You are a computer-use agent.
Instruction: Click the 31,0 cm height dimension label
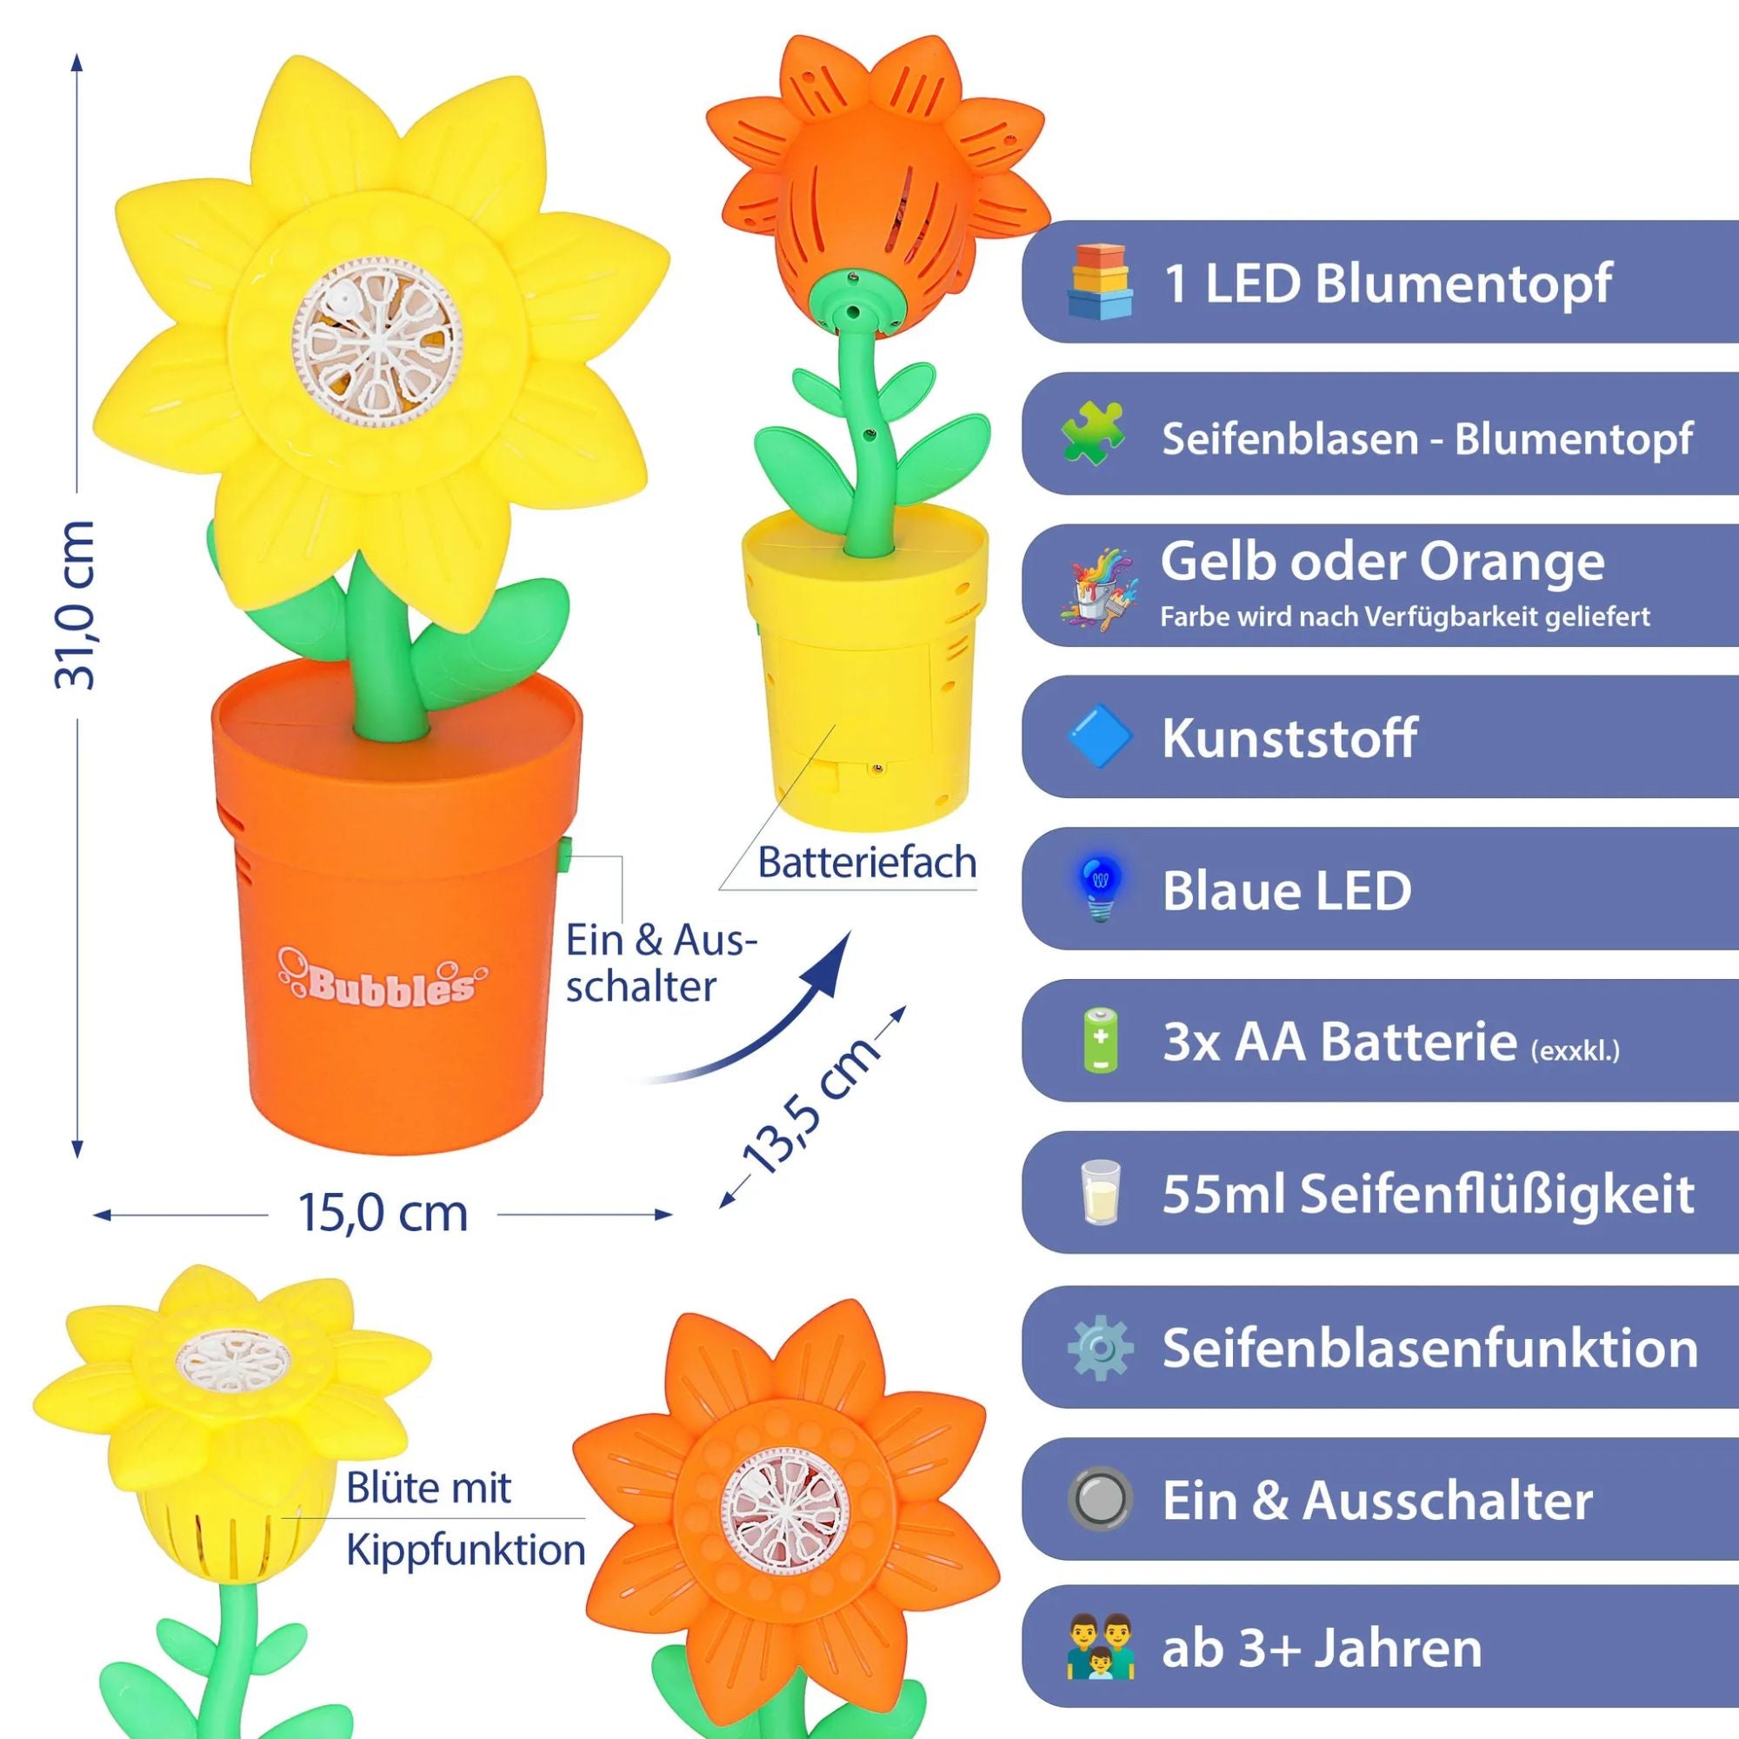[75, 605]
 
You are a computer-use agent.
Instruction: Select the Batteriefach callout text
[867, 863]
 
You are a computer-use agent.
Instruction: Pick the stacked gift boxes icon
[1099, 281]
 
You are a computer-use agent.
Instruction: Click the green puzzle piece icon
[1093, 433]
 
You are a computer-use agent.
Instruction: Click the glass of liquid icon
[1100, 1193]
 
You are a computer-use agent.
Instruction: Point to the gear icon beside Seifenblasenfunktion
[1099, 1349]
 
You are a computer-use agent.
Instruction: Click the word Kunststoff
[1289, 738]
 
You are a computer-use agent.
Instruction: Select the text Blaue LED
[1287, 890]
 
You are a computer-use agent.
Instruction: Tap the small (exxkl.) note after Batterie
[1576, 1050]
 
